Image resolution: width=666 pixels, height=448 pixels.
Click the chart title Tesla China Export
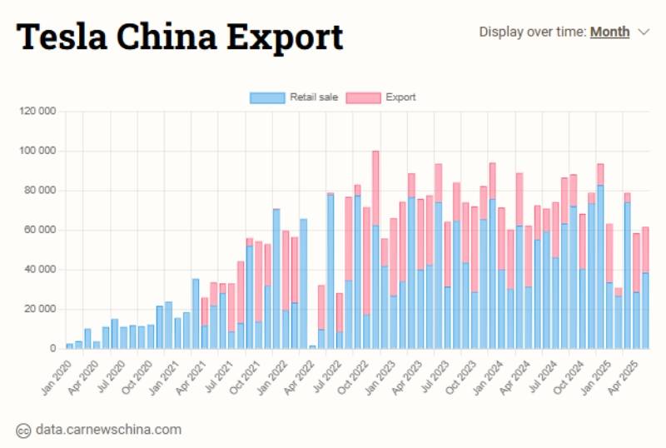coord(180,37)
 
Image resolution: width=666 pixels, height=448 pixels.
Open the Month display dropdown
coord(609,32)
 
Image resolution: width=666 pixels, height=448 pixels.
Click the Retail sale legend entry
coord(294,97)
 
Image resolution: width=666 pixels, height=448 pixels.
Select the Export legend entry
coord(380,97)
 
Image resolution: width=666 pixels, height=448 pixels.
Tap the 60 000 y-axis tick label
coord(41,230)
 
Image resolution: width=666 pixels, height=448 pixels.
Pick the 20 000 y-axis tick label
coord(41,309)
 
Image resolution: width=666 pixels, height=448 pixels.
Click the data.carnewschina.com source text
coord(108,430)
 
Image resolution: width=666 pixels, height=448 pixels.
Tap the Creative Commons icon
coord(23,430)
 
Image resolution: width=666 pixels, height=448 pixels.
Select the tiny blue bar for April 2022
coord(312,346)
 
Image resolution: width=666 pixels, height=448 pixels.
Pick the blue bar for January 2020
coord(69,346)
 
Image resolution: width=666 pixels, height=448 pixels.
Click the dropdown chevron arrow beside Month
coord(643,32)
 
